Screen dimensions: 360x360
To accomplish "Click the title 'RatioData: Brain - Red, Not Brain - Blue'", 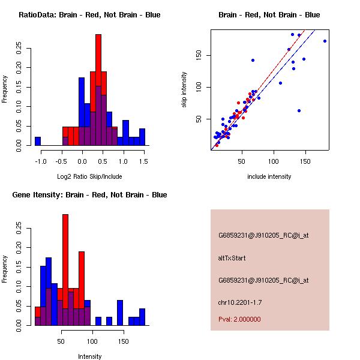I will tap(89, 15).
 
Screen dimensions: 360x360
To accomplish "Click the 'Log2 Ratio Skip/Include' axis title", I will tap(89, 176).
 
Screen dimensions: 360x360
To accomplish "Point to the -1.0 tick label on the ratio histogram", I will tap(41, 161).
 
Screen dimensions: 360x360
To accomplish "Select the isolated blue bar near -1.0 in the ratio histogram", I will tap(38, 141).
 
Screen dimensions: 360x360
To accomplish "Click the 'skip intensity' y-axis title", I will tap(184, 90).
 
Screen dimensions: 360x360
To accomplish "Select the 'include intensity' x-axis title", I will tap(269, 176).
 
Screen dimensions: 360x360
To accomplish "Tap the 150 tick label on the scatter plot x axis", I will tap(305, 161).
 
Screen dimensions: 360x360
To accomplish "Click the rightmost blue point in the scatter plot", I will tap(325, 41).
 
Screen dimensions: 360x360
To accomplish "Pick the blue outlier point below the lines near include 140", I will tap(299, 110).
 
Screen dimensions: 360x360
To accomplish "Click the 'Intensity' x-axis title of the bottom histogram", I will tap(89, 356).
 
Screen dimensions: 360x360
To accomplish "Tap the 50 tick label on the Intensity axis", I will tap(61, 341).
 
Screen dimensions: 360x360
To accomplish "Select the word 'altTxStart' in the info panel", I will tap(232, 258).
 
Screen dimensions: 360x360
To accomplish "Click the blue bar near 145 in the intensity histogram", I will tap(120, 312).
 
